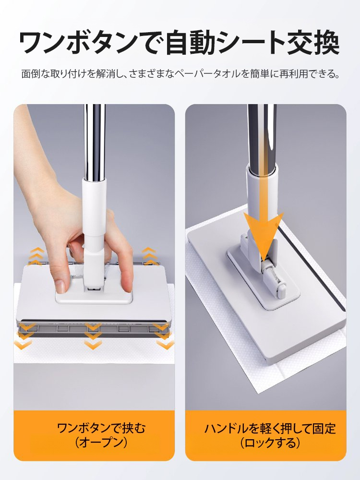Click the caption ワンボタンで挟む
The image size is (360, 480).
pos(101,428)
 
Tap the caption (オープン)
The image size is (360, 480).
pos(101,443)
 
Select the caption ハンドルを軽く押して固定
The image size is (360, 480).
pos(270,428)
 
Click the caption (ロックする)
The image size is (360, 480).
pos(270,443)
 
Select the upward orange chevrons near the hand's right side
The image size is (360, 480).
pos(149,255)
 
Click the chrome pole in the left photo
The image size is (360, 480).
pos(95,141)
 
